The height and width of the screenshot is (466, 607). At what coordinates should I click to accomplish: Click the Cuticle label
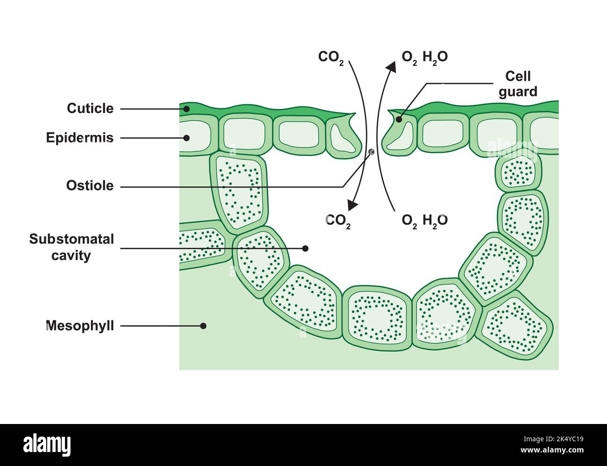tap(90, 108)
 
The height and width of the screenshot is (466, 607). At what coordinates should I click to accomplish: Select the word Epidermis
tap(80, 138)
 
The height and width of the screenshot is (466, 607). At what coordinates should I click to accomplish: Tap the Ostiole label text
tap(90, 185)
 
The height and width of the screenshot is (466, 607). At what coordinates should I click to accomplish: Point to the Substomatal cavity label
tap(71, 247)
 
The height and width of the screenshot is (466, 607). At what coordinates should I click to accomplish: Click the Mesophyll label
tap(80, 325)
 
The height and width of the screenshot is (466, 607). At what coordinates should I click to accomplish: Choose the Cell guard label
tap(518, 84)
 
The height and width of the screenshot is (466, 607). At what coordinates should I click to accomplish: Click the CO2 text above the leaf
tap(331, 57)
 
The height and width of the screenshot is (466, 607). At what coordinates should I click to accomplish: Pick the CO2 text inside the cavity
tap(338, 220)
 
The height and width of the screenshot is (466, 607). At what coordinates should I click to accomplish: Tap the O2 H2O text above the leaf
tap(424, 57)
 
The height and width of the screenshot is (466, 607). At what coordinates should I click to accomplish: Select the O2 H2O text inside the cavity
tap(424, 220)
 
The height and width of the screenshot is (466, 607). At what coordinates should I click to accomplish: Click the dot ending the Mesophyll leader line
tap(203, 326)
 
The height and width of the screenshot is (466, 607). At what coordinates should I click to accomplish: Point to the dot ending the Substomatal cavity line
tap(306, 248)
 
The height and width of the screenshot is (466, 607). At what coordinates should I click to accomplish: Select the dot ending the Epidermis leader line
tap(186, 138)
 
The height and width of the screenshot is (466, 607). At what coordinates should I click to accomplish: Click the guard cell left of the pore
tap(343, 139)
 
